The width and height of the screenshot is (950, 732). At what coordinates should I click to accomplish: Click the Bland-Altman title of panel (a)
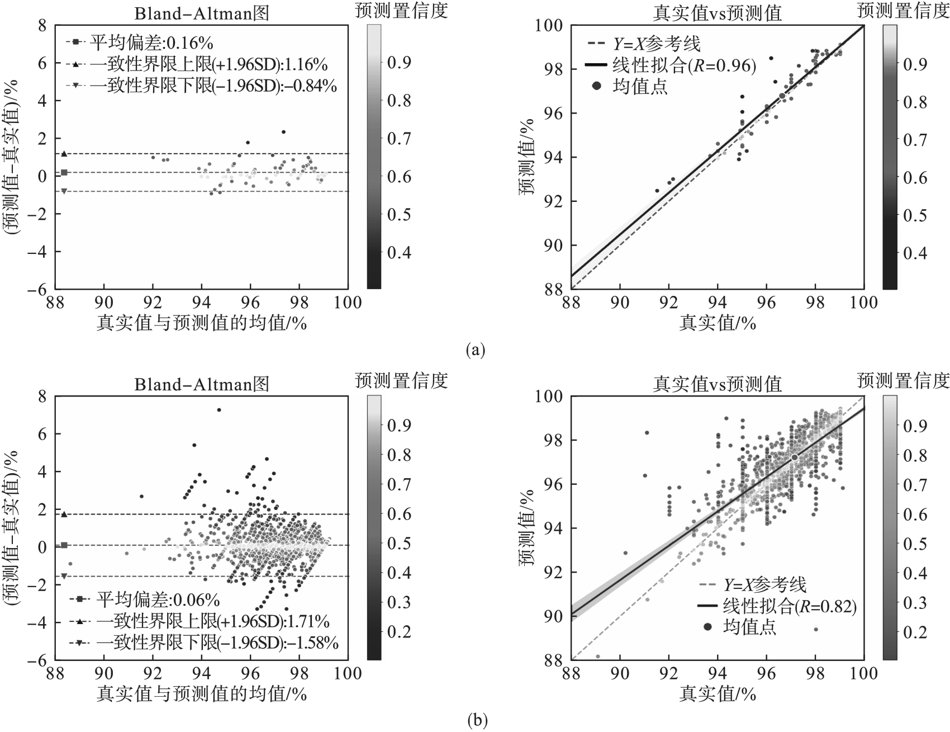tap(202, 13)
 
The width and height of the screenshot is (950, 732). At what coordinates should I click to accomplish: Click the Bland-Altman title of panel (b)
tap(202, 384)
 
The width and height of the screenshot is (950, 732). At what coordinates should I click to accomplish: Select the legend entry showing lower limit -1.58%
tap(217, 643)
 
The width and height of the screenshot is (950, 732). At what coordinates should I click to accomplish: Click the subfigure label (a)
tap(475, 351)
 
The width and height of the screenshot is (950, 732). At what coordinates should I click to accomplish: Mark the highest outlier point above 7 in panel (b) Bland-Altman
tap(219, 410)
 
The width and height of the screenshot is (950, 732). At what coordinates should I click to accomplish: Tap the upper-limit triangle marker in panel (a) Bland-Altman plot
tap(64, 154)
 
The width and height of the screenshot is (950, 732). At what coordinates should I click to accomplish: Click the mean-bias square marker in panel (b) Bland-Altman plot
tap(64, 545)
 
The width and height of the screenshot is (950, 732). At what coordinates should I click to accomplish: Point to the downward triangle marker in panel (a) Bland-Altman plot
tap(64, 191)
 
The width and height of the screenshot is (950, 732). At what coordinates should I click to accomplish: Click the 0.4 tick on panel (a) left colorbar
tap(399, 252)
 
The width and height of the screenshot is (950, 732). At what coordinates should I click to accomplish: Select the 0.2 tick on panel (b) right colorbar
tap(915, 632)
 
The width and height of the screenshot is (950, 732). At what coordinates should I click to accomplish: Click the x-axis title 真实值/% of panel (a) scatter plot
tap(718, 323)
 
